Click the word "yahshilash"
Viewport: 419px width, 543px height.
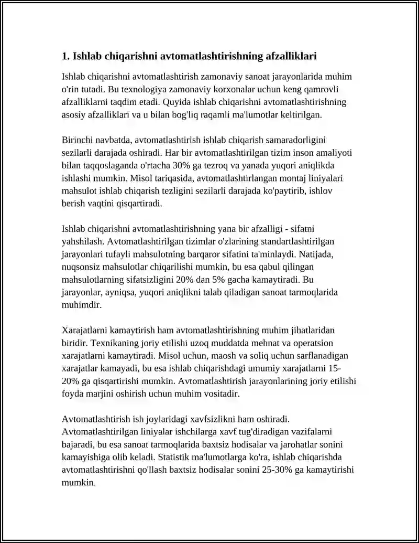83,241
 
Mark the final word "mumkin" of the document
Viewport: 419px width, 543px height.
78,482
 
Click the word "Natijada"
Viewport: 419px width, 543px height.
325,254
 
